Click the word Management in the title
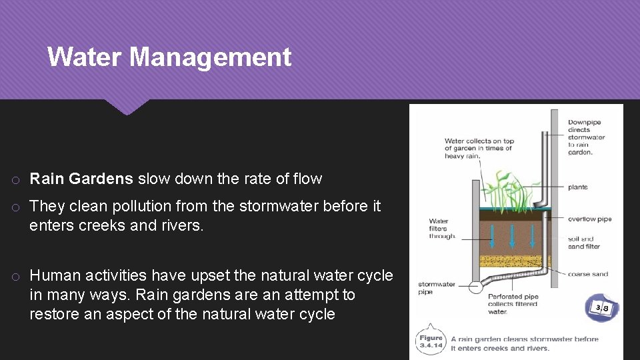210,57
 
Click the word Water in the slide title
85,57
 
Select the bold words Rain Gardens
81,179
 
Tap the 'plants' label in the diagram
577,187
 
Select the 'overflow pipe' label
589,219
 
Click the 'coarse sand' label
587,274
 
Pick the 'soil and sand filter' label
583,243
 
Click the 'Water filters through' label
442,229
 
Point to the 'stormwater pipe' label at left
435,287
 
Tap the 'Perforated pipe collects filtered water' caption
513,303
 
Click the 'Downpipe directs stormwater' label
586,137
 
